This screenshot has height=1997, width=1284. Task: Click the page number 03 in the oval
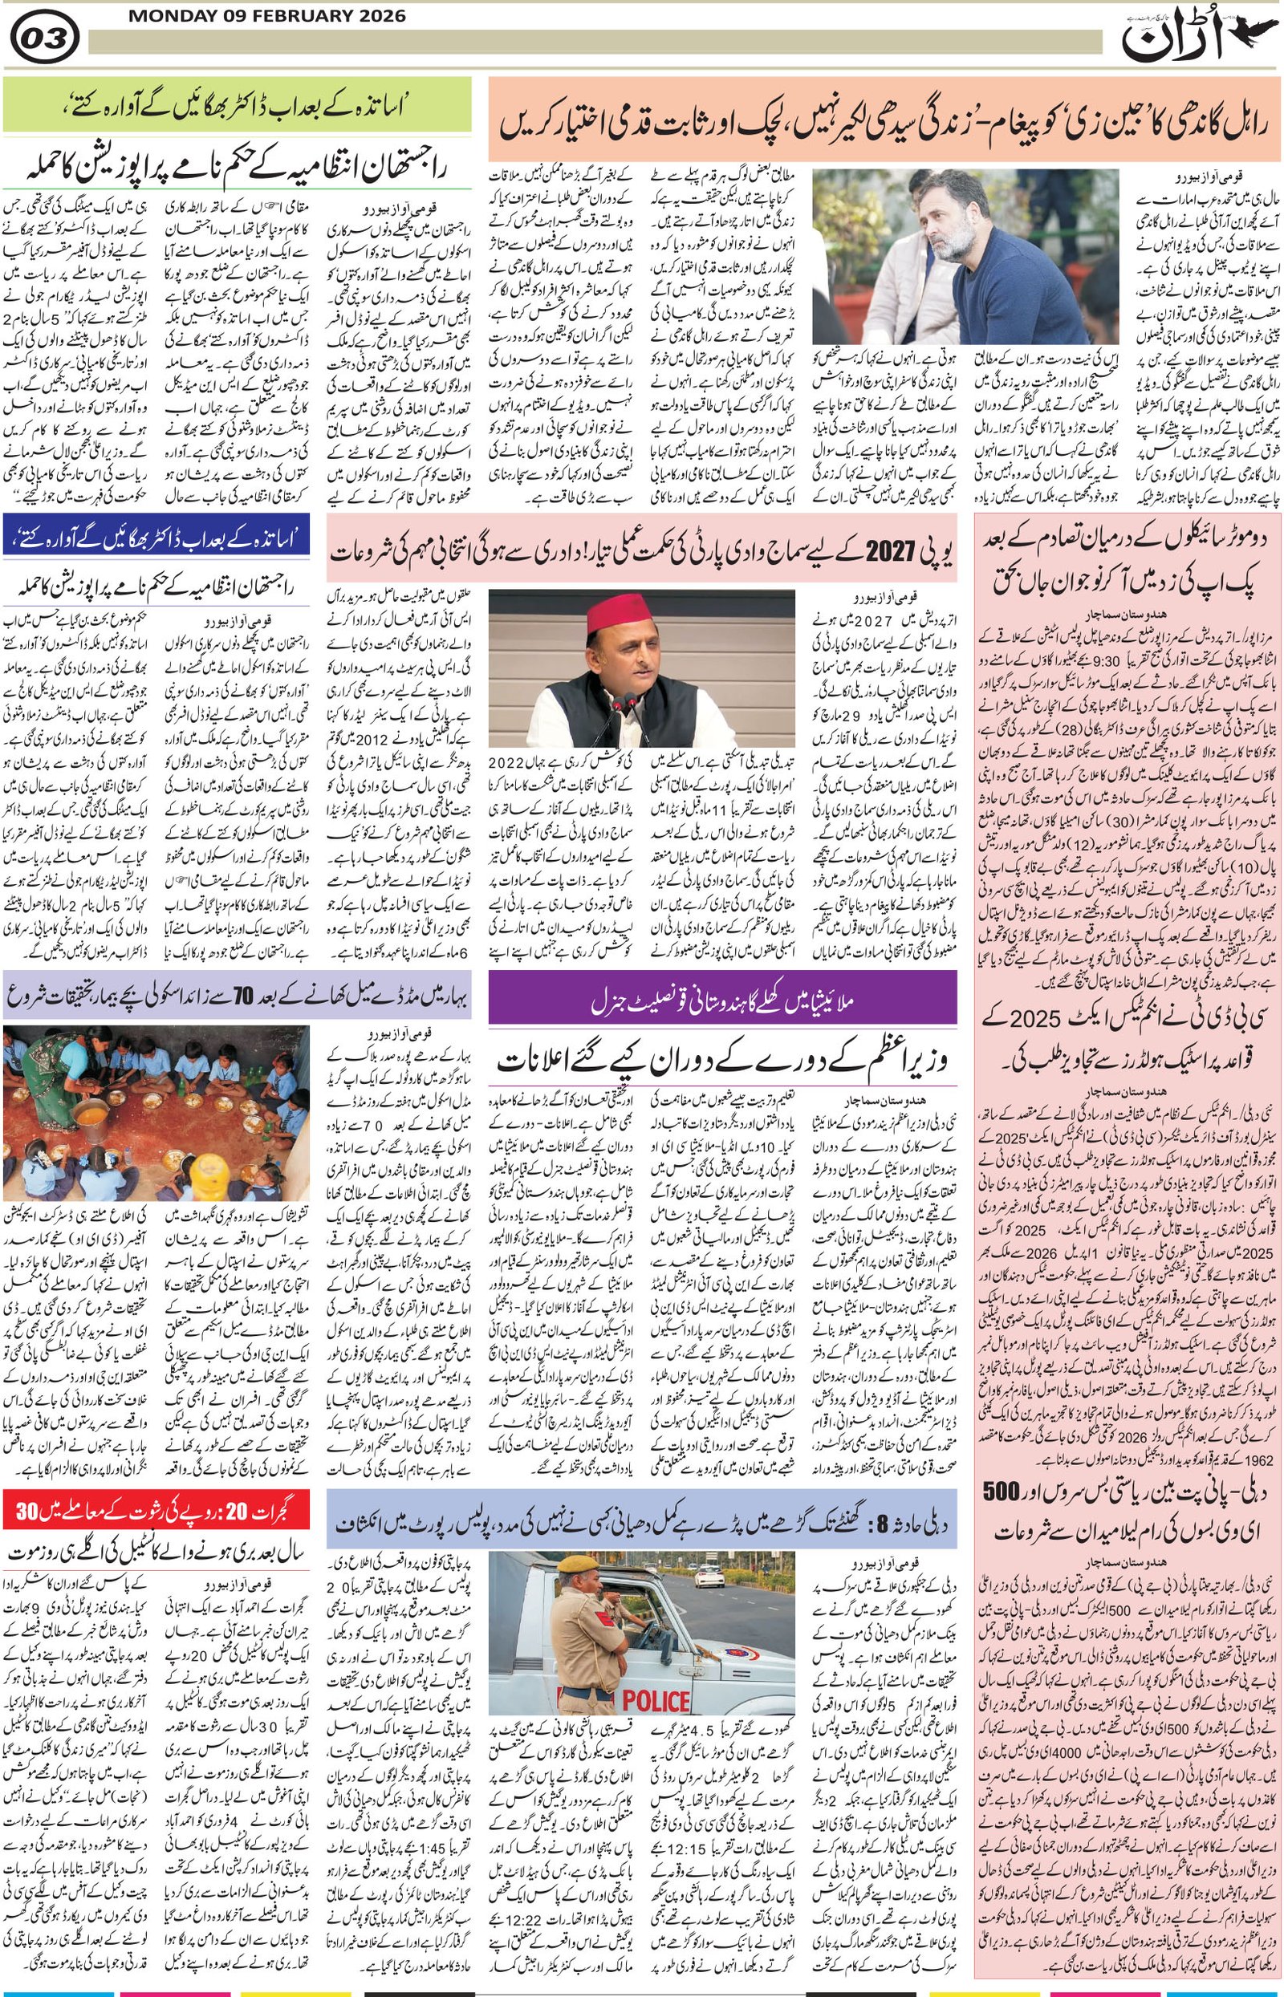click(45, 37)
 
